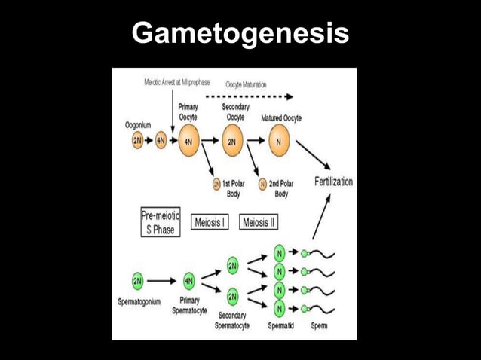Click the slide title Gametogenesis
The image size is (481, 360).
pyautogui.click(x=240, y=34)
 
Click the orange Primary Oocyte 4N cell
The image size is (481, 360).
pyautogui.click(x=188, y=141)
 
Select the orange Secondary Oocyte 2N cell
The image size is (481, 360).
pyautogui.click(x=232, y=141)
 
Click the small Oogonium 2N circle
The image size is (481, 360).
pyautogui.click(x=137, y=141)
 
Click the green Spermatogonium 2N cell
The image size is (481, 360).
pyautogui.click(x=137, y=281)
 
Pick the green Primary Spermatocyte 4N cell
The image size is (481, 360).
pyautogui.click(x=188, y=281)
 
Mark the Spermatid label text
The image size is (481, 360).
pyautogui.click(x=280, y=326)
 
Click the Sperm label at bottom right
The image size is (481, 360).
pyautogui.click(x=319, y=326)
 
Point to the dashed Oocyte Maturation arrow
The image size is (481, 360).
pyautogui.click(x=249, y=97)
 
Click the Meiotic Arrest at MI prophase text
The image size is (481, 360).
pyautogui.click(x=177, y=82)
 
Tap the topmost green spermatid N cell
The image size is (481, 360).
pyautogui.click(x=280, y=253)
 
